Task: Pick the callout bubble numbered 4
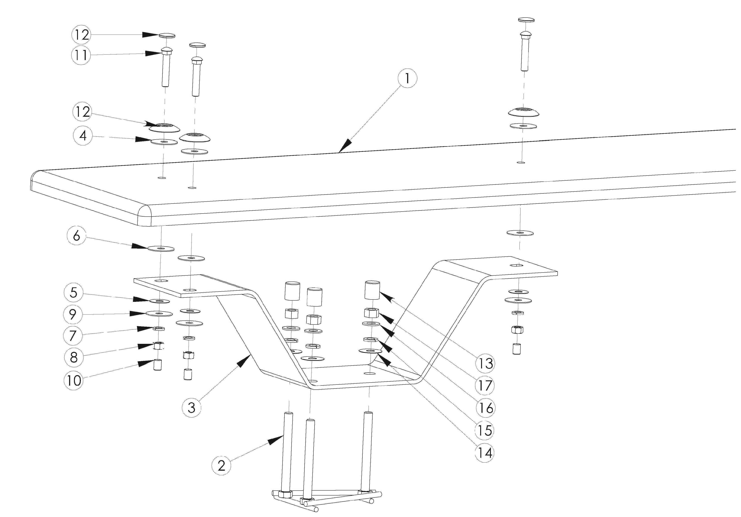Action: pyautogui.click(x=83, y=136)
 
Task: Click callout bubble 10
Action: pyautogui.click(x=74, y=380)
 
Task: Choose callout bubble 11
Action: pyautogui.click(x=81, y=55)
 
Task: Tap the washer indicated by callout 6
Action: pyautogui.click(x=161, y=249)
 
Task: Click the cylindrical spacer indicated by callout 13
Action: pyautogui.click(x=372, y=290)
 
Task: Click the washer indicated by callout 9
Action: pyautogui.click(x=159, y=314)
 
